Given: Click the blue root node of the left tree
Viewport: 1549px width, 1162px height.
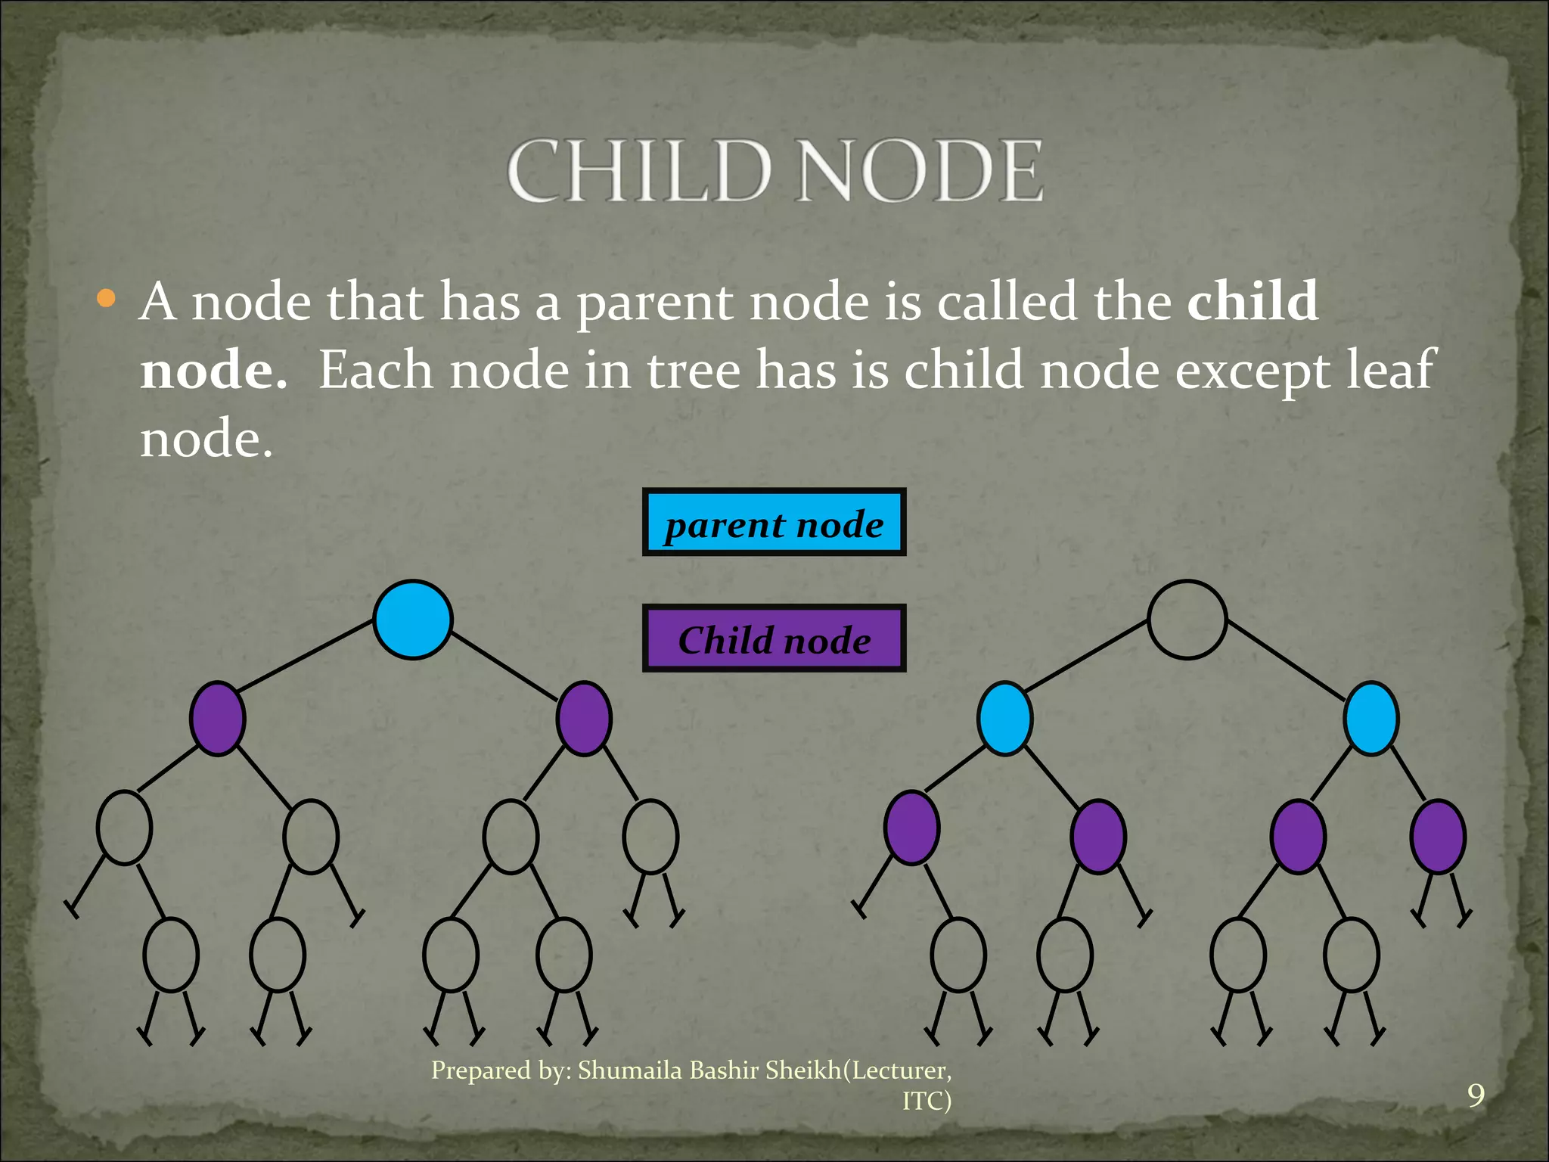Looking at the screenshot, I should (x=413, y=619).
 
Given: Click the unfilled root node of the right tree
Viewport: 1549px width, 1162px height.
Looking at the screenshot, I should (x=1187, y=619).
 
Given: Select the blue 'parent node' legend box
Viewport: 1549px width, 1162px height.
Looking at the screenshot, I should (x=774, y=523).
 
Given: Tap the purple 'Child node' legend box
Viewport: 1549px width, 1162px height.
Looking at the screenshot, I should (x=774, y=638).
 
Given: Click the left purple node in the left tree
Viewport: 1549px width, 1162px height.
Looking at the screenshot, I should (x=217, y=718).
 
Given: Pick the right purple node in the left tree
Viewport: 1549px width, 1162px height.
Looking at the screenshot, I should (x=583, y=718).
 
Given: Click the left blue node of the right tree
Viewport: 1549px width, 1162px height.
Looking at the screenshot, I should (x=1004, y=718).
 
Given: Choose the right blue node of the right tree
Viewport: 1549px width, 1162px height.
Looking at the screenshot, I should (x=1371, y=718).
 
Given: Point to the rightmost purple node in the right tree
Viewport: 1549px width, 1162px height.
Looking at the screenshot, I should (x=1438, y=837).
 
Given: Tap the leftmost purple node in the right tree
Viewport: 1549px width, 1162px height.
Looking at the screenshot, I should (x=911, y=828).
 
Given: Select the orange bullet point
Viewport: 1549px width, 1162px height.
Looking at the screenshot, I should (x=107, y=299).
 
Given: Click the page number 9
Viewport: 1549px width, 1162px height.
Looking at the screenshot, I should (x=1476, y=1095).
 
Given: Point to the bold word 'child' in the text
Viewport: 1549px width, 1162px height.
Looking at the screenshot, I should (x=1252, y=301).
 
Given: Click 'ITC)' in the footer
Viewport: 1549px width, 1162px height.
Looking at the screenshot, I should (x=927, y=1101).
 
